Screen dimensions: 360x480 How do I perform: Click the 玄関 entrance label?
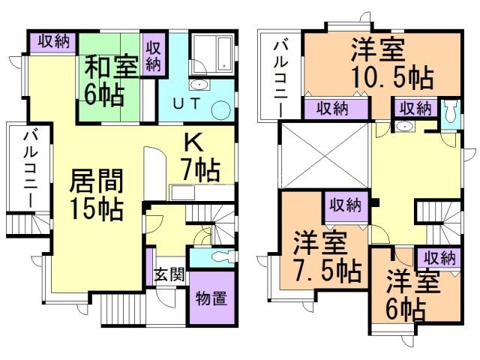point(170,274)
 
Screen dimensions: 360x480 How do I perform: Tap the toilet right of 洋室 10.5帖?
point(449,112)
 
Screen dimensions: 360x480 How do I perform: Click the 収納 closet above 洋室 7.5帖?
point(346,203)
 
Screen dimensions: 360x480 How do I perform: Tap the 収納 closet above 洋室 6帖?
point(439,257)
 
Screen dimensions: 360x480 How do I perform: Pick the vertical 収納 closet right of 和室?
point(153,55)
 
